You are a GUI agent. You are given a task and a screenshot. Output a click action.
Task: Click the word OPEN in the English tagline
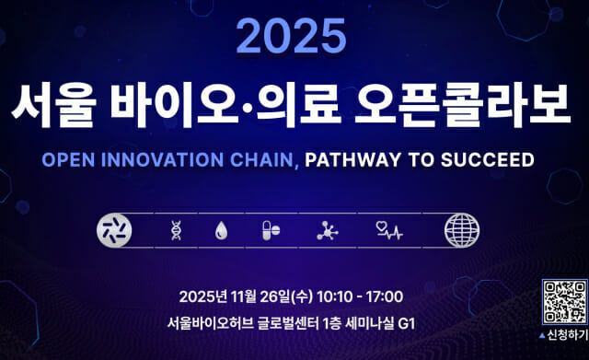67,159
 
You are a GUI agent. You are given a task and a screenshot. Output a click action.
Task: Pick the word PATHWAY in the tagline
349,159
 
